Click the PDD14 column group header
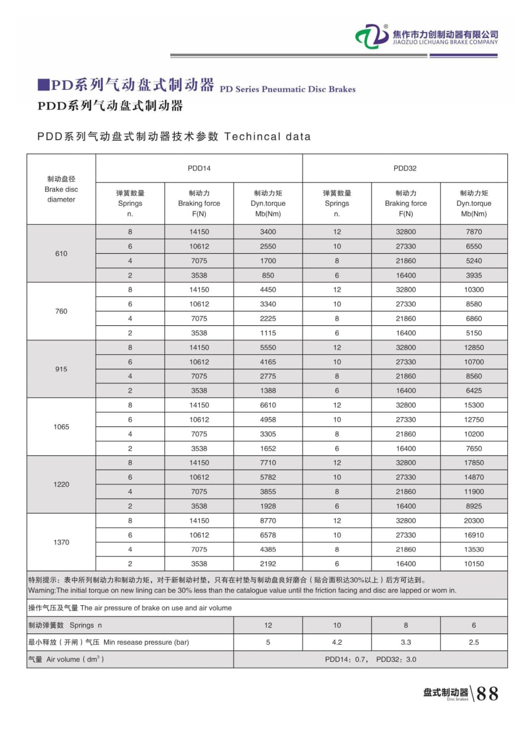pos(199,169)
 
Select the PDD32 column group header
pos(405,169)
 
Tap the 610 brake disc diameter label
pos(61,254)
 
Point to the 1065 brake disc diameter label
pos(61,427)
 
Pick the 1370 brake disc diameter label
pos(61,542)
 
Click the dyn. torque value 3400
pos(268,232)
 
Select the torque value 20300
pos(473,521)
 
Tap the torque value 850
pos(268,276)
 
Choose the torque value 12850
pos(473,348)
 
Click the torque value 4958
pos(268,420)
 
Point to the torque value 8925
pos(473,506)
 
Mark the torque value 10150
pos(473,564)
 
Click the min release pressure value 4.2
pos(337,642)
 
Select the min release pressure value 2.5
pos(473,642)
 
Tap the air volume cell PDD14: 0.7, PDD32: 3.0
pos(370,660)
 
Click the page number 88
pos(487,694)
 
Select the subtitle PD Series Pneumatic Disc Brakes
pos(287,89)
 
